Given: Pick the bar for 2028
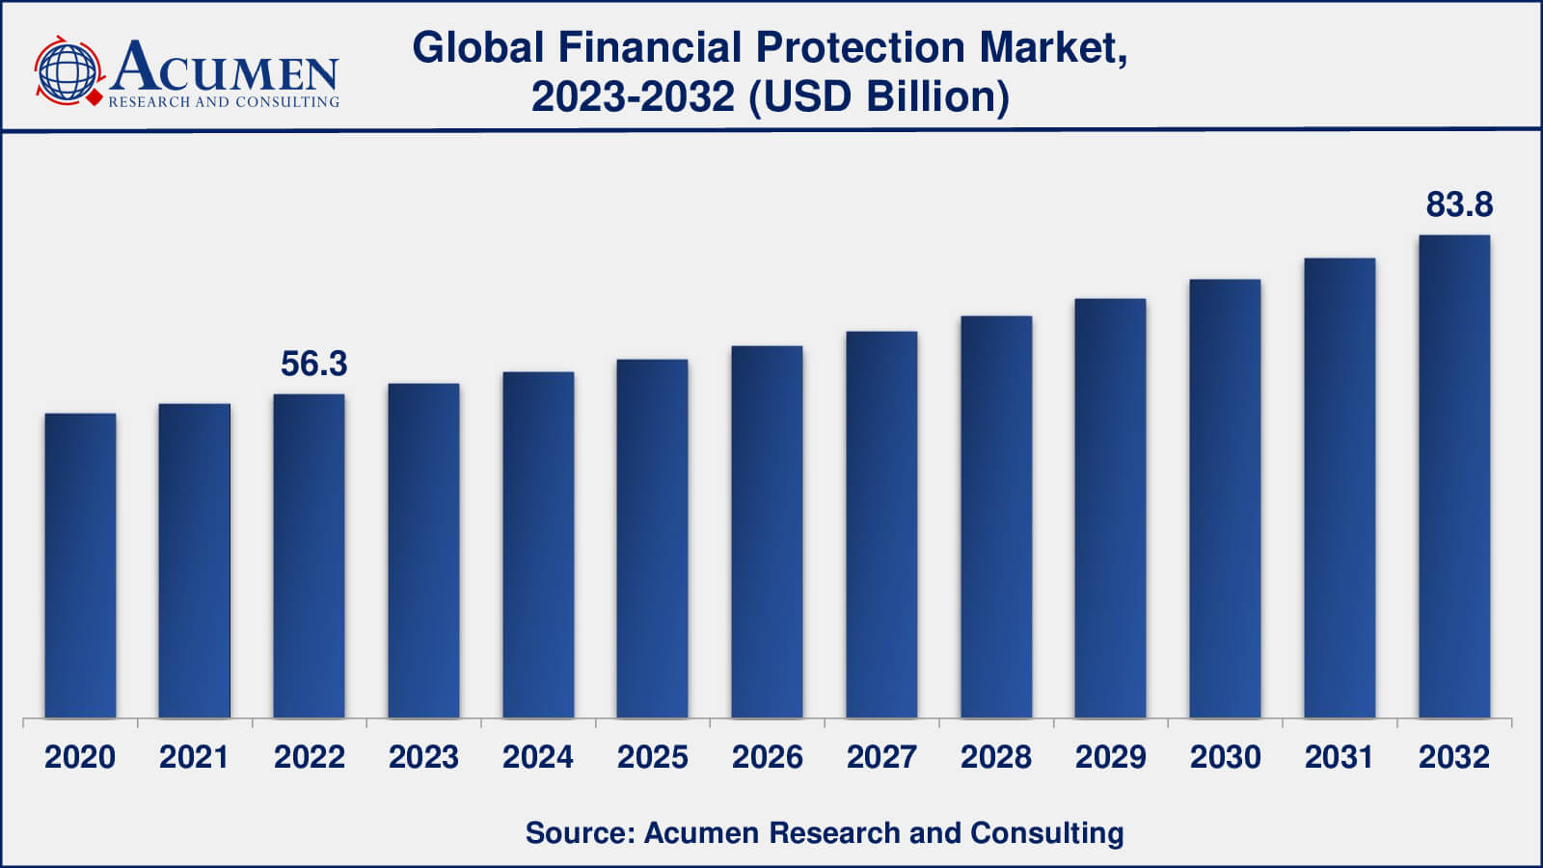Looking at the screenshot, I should click(996, 517).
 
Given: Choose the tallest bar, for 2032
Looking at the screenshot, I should click(1454, 476).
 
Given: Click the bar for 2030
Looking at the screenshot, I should click(1225, 499).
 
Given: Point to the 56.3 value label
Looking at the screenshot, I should click(313, 364).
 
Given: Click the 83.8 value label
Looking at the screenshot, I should click(1459, 204).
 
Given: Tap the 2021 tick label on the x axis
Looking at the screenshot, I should click(194, 757).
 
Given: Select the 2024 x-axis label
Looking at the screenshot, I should click(538, 757).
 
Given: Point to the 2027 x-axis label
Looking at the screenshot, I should click(881, 757).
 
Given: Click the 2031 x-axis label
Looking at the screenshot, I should click(1340, 757).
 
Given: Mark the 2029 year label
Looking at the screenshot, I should click(1111, 757).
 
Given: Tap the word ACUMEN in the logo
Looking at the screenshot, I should click(224, 68).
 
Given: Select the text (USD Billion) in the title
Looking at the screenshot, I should click(879, 96).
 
